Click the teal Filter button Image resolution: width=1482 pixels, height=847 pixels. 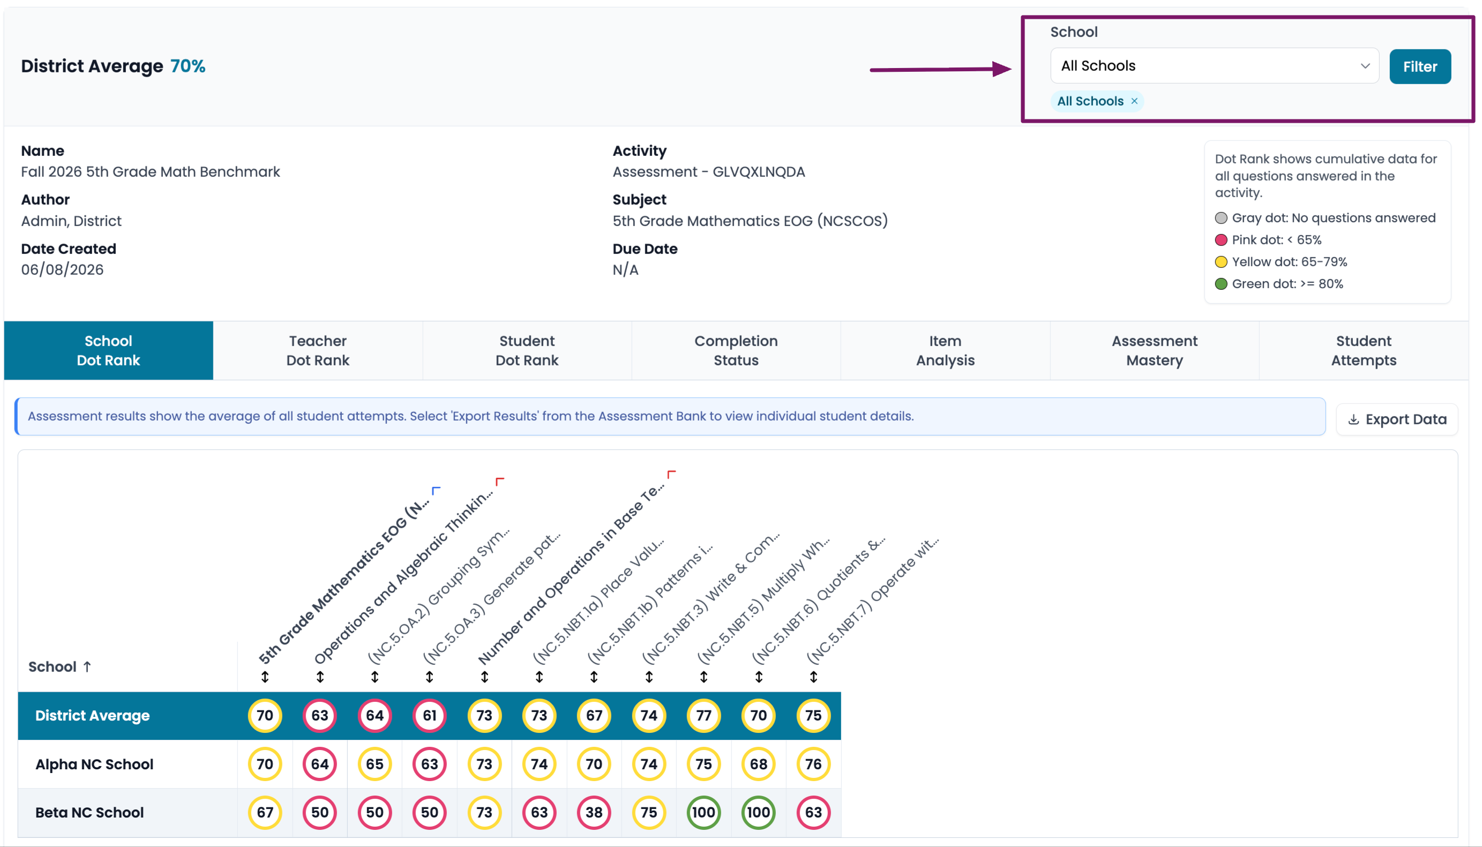click(x=1419, y=66)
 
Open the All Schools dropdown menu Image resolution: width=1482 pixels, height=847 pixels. click(x=1214, y=66)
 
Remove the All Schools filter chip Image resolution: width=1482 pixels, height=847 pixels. click(x=1134, y=101)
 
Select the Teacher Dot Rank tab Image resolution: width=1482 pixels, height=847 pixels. click(x=318, y=350)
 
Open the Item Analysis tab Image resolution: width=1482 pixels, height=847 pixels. click(x=945, y=350)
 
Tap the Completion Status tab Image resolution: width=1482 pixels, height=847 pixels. click(x=736, y=350)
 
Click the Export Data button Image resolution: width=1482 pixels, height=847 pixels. click(x=1396, y=419)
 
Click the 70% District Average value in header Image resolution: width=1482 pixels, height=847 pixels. click(x=188, y=66)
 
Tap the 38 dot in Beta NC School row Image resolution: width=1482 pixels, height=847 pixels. click(x=593, y=812)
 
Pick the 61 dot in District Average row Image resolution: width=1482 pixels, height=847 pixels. click(x=429, y=715)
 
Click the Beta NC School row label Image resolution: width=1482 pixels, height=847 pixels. click(x=89, y=812)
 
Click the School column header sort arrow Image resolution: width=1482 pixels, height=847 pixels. click(x=87, y=666)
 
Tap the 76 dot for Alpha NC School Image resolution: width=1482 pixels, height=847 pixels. click(x=813, y=764)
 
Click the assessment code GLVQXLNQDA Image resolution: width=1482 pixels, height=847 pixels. click(x=759, y=172)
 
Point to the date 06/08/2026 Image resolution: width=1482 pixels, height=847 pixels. click(x=62, y=270)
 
